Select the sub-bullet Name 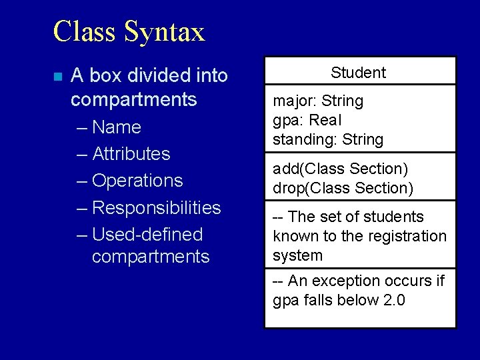(x=117, y=127)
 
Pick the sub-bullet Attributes (x=131, y=153)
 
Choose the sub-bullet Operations (x=137, y=181)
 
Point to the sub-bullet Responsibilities (x=156, y=207)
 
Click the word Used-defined (x=147, y=235)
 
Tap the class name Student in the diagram (x=358, y=72)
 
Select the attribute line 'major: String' (x=318, y=101)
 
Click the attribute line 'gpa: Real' (x=307, y=121)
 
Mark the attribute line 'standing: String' (x=328, y=140)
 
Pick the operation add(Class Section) (x=340, y=169)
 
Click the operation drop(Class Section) (x=343, y=189)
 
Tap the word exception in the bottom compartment (x=358, y=281)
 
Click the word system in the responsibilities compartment (x=297, y=255)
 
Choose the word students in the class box (x=394, y=217)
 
